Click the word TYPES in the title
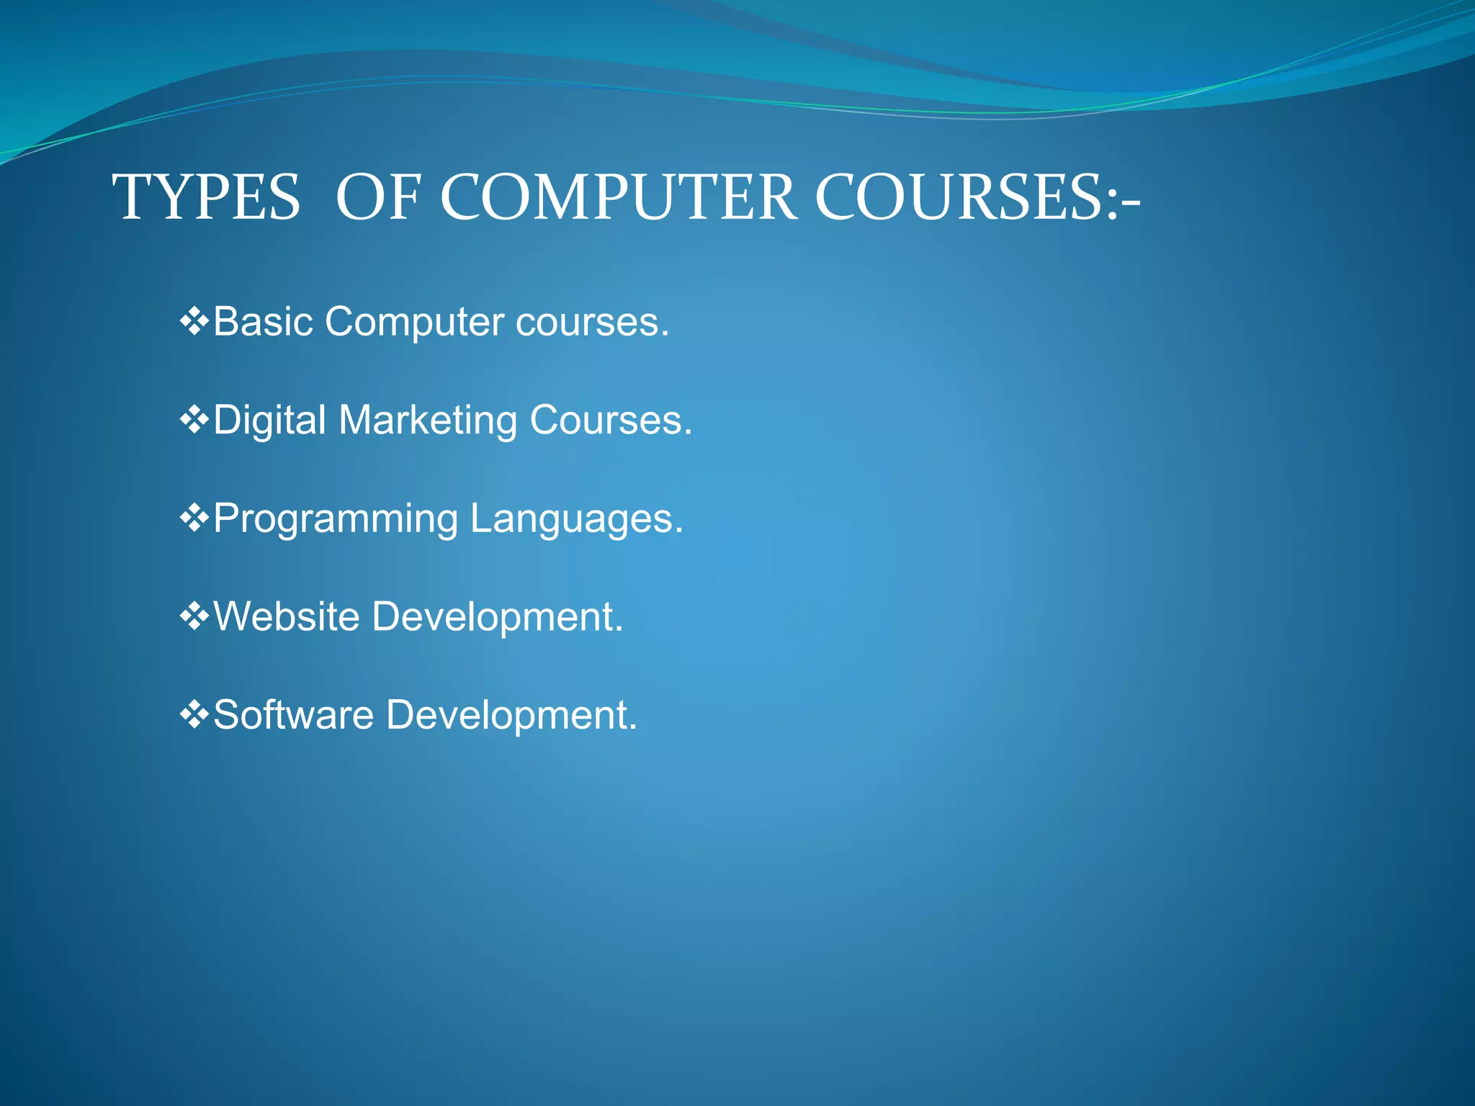pyautogui.click(x=206, y=197)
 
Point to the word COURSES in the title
pyautogui.click(x=958, y=197)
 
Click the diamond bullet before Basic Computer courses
pyautogui.click(x=194, y=321)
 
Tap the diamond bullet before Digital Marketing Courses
pyautogui.click(x=194, y=420)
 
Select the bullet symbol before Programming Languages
pyautogui.click(x=194, y=518)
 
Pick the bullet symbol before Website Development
pyautogui.click(x=194, y=617)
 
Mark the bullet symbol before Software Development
pyautogui.click(x=194, y=715)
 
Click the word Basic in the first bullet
pyautogui.click(x=264, y=321)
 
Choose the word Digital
pyautogui.click(x=270, y=420)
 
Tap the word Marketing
pyautogui.click(x=428, y=421)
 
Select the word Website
pyautogui.click(x=287, y=617)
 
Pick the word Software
pyautogui.click(x=294, y=715)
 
